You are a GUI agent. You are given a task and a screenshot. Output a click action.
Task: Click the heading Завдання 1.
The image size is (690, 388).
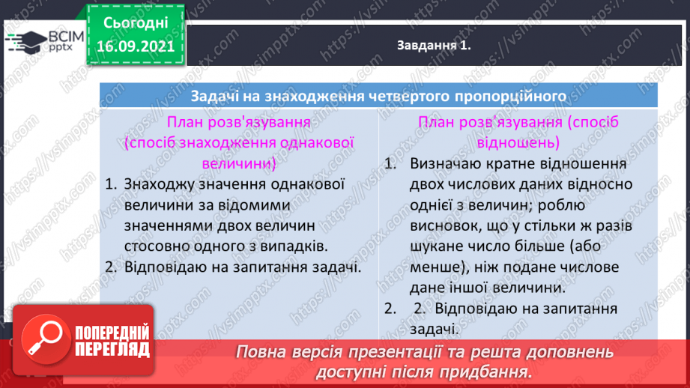click(434, 46)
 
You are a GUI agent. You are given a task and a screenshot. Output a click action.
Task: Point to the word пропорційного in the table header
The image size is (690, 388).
click(512, 96)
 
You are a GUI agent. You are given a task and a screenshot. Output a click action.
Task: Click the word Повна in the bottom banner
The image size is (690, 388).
click(261, 352)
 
